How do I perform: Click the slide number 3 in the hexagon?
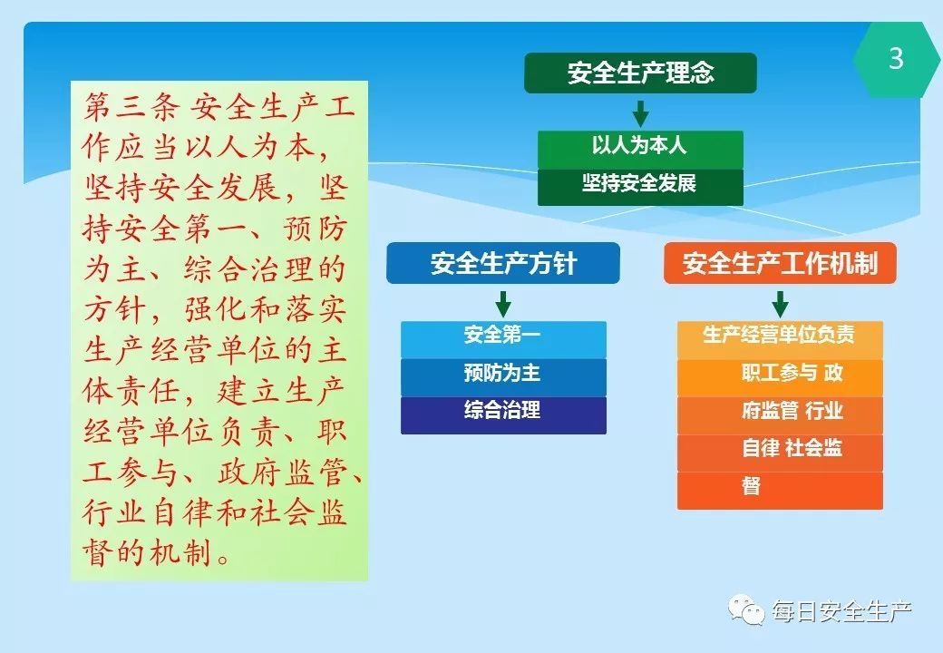coord(896,59)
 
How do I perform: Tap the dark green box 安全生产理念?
coord(640,73)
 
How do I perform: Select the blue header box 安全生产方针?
coord(502,263)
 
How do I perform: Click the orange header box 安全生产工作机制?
coord(780,263)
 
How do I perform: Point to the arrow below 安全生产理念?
coord(640,113)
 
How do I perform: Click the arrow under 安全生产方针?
coord(502,304)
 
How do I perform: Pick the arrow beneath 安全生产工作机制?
coord(780,304)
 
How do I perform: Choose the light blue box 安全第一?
coord(503,340)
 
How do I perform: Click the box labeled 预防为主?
coord(503,377)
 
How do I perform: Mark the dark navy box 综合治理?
coord(503,414)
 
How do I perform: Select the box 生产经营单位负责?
coord(780,340)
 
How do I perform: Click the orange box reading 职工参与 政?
coord(780,377)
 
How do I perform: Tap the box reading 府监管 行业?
coord(780,414)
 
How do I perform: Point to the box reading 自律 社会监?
coord(780,453)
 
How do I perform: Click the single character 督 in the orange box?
coord(751,485)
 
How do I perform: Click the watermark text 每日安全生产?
coord(842,612)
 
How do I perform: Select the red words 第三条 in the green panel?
coord(131,107)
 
